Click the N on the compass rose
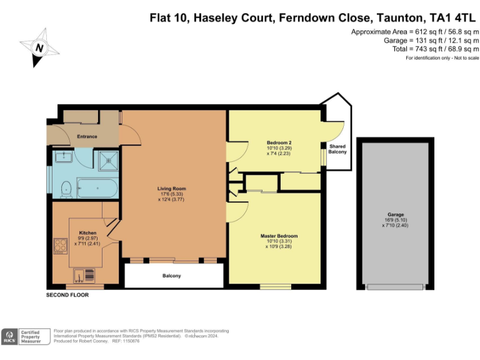39,47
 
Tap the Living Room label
171,189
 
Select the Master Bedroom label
279,236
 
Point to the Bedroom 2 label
279,142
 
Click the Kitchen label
87,232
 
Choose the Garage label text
396,214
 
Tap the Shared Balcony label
337,149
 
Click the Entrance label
87,136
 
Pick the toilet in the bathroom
66,189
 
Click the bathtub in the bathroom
97,188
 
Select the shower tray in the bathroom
108,161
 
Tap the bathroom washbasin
64,157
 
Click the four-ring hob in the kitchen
60,246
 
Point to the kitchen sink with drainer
84,276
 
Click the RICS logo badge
9,336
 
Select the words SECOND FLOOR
67,295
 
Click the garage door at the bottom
395,287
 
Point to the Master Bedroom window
276,286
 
